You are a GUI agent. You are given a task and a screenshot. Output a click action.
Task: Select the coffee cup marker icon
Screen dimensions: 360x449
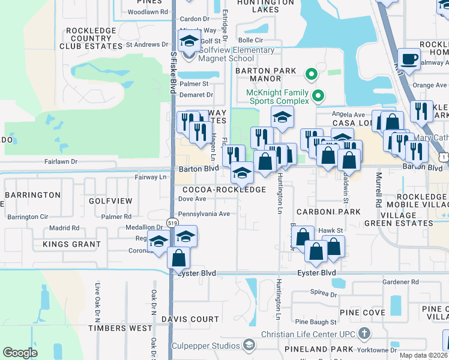409,59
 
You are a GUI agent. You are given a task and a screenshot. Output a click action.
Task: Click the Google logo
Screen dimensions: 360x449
20,353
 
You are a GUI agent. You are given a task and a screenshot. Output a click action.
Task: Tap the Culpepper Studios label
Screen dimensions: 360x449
205,345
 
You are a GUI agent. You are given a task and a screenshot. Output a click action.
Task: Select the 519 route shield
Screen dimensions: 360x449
172,223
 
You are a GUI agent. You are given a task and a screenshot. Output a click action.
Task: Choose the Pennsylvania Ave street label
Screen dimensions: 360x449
204,214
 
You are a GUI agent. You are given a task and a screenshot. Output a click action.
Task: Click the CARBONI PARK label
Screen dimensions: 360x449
328,212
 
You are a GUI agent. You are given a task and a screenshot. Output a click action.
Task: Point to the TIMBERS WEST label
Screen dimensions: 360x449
121,328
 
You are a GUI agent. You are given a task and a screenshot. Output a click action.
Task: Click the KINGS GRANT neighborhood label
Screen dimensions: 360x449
71,244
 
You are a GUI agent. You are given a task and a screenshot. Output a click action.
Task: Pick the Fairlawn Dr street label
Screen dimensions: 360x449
61,161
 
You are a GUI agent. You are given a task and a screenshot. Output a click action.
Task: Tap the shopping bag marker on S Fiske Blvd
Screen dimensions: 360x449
179,258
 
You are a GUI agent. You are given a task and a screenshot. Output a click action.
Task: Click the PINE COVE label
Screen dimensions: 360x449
362,313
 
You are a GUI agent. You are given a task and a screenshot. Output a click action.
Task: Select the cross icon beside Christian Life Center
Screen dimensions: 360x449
364,334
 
